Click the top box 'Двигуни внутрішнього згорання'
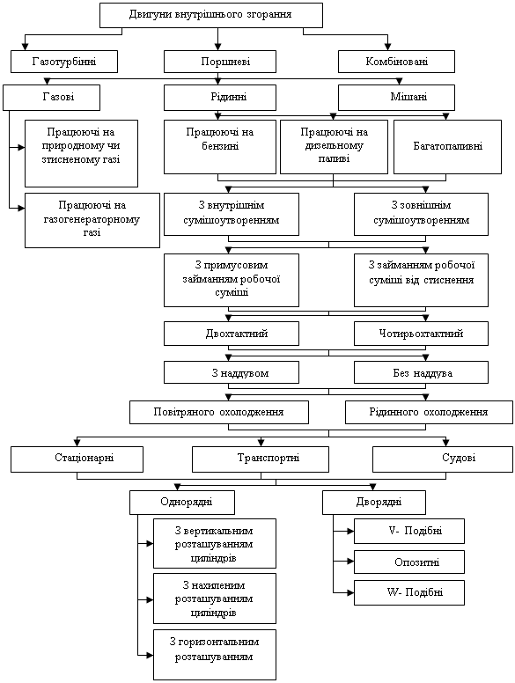coord(211,15)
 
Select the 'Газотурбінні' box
coord(64,62)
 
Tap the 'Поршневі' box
coord(220,62)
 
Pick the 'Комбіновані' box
coord(396,62)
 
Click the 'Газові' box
coord(51,98)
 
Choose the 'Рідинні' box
coord(220,98)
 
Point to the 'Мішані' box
coord(396,98)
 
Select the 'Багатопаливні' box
coord(447,147)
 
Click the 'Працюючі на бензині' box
coord(220,147)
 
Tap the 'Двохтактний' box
coord(232,334)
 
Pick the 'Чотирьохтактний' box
coord(421,334)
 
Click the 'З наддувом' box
coord(232,373)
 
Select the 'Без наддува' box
coord(421,373)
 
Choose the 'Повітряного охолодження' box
coord(219,413)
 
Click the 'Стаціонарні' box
coord(77,459)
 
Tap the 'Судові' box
coord(443,459)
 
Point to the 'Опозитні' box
coord(409,562)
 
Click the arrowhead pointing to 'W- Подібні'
coord(350,593)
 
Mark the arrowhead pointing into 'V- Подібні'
coord(350,532)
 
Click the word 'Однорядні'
coord(186,502)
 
